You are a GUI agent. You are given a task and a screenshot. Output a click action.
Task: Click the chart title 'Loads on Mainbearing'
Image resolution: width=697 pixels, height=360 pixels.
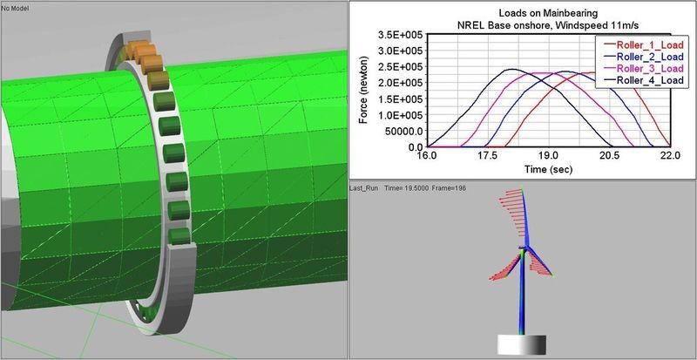523,14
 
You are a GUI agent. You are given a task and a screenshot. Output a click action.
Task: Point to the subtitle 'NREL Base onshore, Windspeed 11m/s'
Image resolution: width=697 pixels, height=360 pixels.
523,26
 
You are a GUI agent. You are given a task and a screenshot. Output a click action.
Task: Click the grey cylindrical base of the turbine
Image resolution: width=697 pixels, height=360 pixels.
522,345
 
